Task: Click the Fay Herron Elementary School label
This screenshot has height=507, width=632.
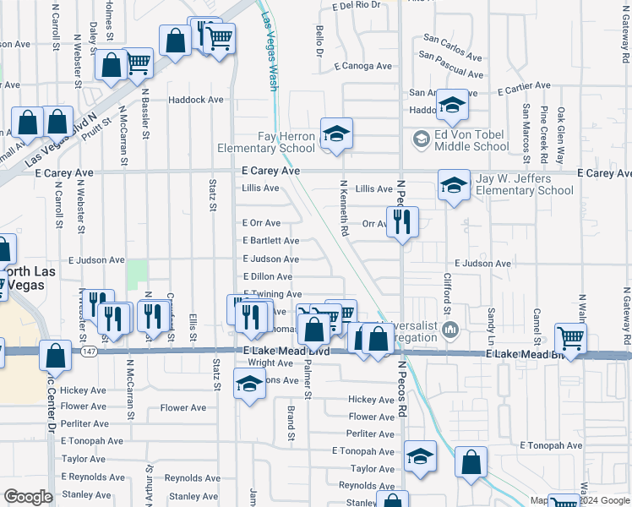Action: [266, 142]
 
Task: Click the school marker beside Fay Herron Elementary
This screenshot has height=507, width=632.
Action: [335, 134]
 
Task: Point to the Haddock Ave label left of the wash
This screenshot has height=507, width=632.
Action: [195, 100]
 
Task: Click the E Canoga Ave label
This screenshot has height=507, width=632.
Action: [363, 66]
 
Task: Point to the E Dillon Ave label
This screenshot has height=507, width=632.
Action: [268, 277]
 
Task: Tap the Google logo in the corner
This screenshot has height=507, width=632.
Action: [28, 497]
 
